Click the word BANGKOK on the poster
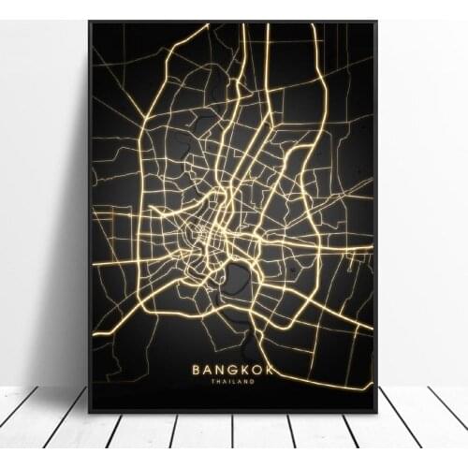click(x=233, y=370)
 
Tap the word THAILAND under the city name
click(x=233, y=382)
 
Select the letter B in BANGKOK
click(x=197, y=370)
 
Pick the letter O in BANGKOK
click(x=257, y=370)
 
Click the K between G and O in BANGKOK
click(x=245, y=370)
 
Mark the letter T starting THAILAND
click(x=212, y=382)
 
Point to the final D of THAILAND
click(x=254, y=382)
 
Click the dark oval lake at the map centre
click(x=238, y=277)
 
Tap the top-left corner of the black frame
click(x=89, y=22)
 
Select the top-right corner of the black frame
click(x=376, y=22)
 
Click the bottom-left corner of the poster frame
click(x=89, y=412)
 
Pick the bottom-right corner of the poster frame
click(x=376, y=412)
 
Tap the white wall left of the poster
click(x=42, y=187)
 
